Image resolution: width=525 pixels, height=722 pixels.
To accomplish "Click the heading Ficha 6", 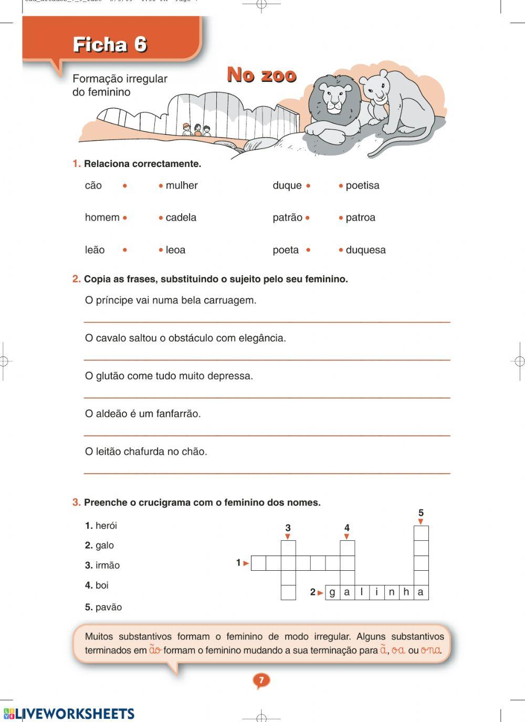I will click(110, 45).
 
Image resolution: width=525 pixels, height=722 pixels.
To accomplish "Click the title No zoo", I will click(261, 75).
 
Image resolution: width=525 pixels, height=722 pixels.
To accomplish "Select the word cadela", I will click(181, 217).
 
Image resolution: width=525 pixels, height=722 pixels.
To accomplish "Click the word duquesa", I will click(365, 250).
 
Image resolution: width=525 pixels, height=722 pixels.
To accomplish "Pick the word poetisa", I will click(362, 185).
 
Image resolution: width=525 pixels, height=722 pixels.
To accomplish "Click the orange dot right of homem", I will click(125, 218).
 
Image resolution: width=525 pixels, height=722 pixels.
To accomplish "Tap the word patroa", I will click(360, 217).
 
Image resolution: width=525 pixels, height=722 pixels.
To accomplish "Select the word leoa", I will click(175, 250).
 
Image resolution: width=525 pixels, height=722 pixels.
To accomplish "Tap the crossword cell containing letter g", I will click(332, 592).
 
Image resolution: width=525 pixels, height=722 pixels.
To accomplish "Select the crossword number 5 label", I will click(421, 513).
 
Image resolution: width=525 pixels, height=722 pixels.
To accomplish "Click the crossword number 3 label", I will click(288, 528).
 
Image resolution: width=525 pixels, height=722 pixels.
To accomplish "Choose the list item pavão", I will click(108, 607).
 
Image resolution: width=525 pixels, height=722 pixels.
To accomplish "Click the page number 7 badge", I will click(261, 681).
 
